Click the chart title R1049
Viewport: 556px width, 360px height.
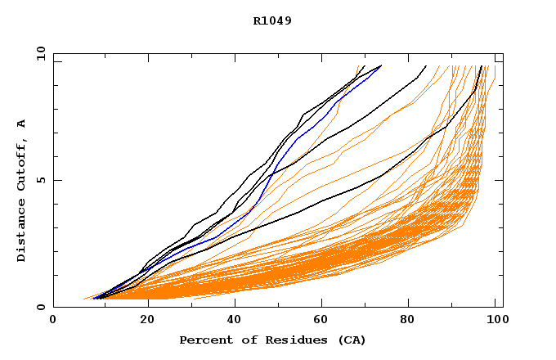click(272, 20)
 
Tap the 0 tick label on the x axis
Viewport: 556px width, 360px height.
click(53, 321)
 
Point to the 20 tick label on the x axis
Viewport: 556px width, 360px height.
click(142, 321)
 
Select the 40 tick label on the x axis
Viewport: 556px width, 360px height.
click(231, 321)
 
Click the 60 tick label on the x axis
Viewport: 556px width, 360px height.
click(321, 321)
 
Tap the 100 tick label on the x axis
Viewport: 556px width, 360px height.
click(495, 321)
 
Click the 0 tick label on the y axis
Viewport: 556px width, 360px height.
click(41, 308)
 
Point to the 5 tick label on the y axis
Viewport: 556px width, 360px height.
click(41, 180)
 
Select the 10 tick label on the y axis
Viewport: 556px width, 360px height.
click(38, 52)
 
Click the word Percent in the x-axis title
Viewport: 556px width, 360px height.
click(202, 340)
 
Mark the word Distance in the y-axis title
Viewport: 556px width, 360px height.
click(22, 232)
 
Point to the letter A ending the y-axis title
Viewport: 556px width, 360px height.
click(22, 124)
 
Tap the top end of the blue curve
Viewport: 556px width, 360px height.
click(381, 66)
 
